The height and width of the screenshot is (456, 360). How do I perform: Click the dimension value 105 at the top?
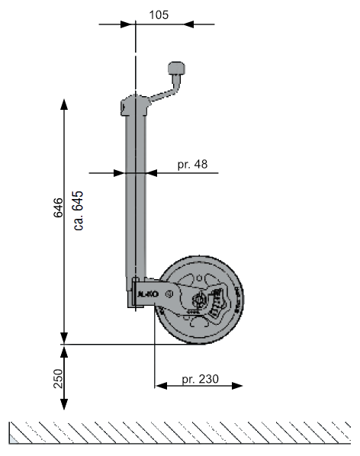(x=159, y=14)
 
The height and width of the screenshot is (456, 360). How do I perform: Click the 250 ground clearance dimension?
(x=58, y=378)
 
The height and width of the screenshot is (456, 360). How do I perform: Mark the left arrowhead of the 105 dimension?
(x=128, y=24)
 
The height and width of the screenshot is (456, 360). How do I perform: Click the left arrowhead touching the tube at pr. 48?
(x=119, y=173)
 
